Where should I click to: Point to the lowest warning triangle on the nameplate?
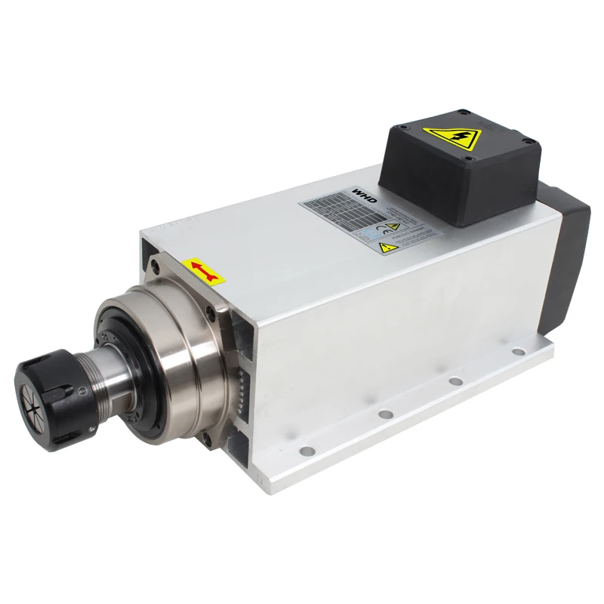pyautogui.click(x=385, y=247)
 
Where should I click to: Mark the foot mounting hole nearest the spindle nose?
pyautogui.click(x=307, y=451)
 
